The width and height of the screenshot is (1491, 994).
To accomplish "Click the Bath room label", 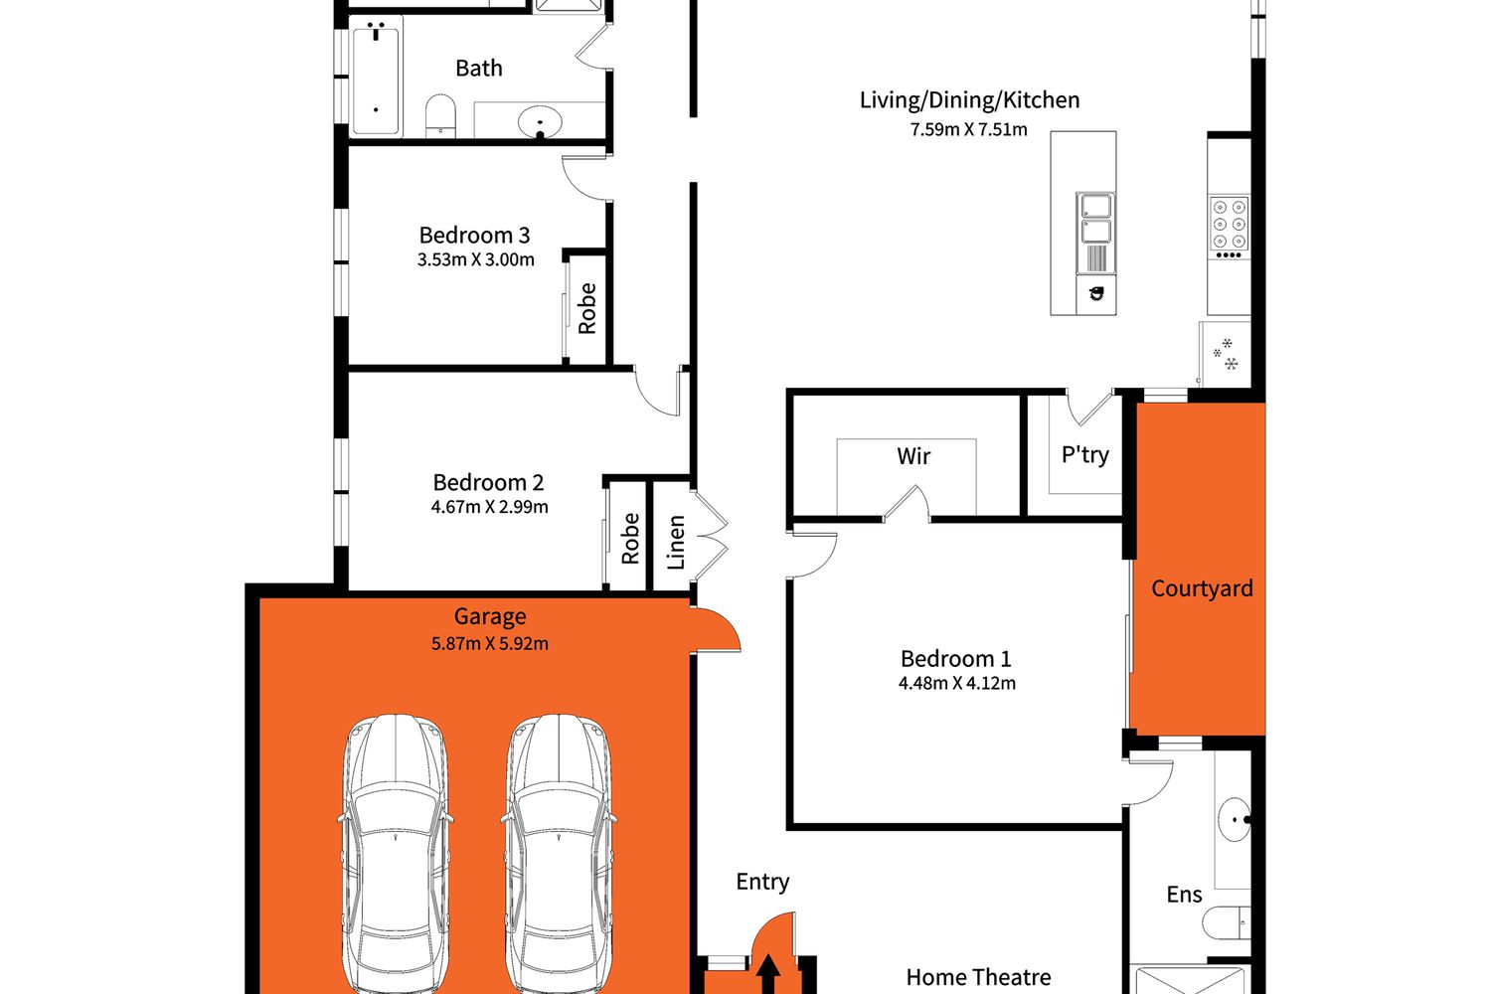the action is pos(478,68).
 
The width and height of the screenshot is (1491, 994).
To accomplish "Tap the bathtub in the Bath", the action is pos(376,77).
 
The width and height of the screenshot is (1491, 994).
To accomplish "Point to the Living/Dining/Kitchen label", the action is pos(969,99).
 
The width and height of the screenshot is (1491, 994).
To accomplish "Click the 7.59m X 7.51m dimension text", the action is pos(968,129).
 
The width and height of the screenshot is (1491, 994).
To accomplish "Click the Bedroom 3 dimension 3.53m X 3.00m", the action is pos(475,259).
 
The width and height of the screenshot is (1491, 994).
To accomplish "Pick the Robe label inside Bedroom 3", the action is pos(587,308).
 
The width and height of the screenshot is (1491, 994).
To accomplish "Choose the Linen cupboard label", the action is pos(676,542).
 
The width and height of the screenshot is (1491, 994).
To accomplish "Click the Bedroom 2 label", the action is pos(488,482).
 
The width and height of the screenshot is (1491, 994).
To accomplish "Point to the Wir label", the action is pos(913,456).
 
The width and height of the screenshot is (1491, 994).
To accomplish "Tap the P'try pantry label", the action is pos(1085,454).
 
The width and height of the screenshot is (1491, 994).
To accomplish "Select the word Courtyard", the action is pos(1202,588).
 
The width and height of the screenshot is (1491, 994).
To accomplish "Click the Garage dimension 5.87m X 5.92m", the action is pos(490,644).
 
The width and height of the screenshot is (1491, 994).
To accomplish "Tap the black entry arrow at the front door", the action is pos(768,974).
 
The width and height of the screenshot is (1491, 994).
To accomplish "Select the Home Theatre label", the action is pos(978,977).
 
